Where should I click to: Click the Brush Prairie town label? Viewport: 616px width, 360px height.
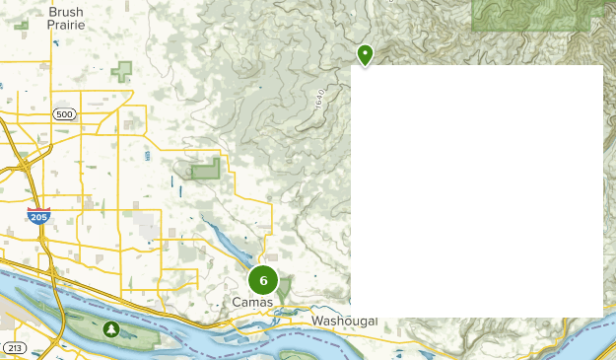[65, 20]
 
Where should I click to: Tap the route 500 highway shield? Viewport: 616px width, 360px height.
[65, 114]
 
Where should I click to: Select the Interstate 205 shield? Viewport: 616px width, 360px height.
[38, 215]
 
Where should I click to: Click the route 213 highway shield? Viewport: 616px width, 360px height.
[14, 348]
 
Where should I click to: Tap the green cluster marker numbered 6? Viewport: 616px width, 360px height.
[263, 280]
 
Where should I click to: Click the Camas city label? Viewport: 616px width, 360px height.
[251, 302]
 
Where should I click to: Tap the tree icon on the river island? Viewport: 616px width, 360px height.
[111, 328]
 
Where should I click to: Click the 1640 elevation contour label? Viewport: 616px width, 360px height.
[320, 99]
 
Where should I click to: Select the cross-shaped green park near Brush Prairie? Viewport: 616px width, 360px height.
[122, 71]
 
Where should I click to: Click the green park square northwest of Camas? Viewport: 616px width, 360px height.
[205, 170]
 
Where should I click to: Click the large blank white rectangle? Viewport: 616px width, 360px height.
[477, 190]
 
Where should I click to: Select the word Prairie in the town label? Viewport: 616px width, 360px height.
[65, 27]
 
